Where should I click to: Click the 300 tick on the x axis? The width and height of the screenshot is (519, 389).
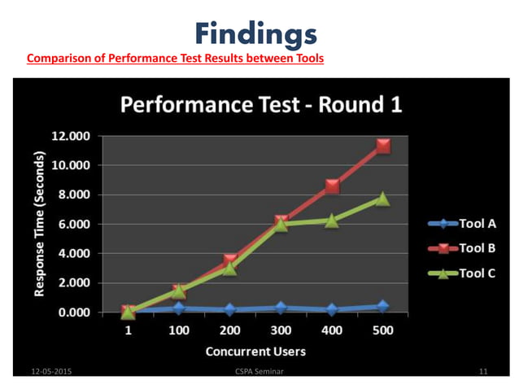tap(281, 330)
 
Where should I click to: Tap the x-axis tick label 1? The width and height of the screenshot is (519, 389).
tap(129, 330)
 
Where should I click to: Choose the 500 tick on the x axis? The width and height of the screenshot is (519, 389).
tap(382, 330)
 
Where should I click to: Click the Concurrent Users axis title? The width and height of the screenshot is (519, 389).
tap(255, 352)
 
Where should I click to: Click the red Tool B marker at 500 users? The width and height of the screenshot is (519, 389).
tap(382, 146)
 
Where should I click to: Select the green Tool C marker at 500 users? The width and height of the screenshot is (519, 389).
tap(382, 199)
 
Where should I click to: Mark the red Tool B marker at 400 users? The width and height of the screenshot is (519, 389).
tap(332, 186)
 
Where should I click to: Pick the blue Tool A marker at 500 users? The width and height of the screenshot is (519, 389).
tap(382, 307)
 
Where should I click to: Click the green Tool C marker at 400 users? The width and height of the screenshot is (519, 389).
tap(332, 220)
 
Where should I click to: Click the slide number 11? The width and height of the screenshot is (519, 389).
tap(483, 371)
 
